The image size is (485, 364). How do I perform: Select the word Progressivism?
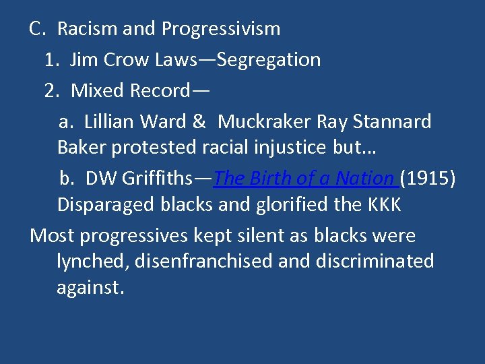[221, 29]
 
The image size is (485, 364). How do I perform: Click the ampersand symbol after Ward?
[199, 122]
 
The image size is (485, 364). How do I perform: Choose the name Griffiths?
[158, 179]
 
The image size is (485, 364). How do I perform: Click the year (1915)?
[428, 179]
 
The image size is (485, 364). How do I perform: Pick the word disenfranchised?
[204, 261]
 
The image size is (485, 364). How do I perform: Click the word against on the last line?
[90, 287]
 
